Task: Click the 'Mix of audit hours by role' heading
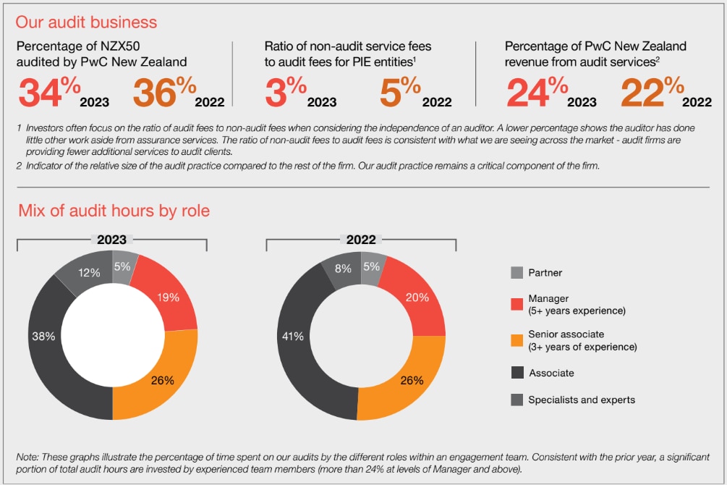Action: click(x=114, y=211)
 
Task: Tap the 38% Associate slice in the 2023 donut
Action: click(x=43, y=337)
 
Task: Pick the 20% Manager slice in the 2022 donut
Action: click(x=417, y=297)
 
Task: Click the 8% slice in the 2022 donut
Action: click(x=343, y=269)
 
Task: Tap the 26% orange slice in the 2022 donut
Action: click(x=411, y=379)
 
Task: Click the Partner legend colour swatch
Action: click(x=516, y=273)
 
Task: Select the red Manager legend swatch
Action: click(x=516, y=304)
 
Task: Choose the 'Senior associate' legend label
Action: click(x=566, y=334)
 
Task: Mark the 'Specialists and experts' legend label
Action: click(x=582, y=400)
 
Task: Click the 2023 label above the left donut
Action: click(x=112, y=240)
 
